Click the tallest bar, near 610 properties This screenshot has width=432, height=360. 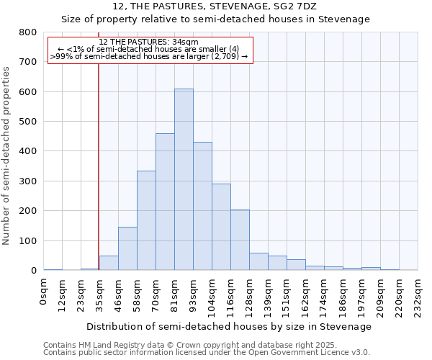tap(184, 179)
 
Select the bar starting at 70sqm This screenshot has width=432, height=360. tap(165, 202)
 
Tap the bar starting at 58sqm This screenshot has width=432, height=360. tap(146, 220)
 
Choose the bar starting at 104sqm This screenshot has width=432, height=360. tap(221, 227)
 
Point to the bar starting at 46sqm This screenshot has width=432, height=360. tap(127, 248)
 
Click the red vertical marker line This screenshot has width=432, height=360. tap(98, 180)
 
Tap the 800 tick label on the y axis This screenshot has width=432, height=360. tap(27, 32)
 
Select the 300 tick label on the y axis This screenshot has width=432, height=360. tap(27, 181)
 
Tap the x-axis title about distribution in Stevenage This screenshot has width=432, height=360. tap(230, 327)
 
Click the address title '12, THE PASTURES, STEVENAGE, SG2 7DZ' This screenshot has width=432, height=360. tap(215, 6)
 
